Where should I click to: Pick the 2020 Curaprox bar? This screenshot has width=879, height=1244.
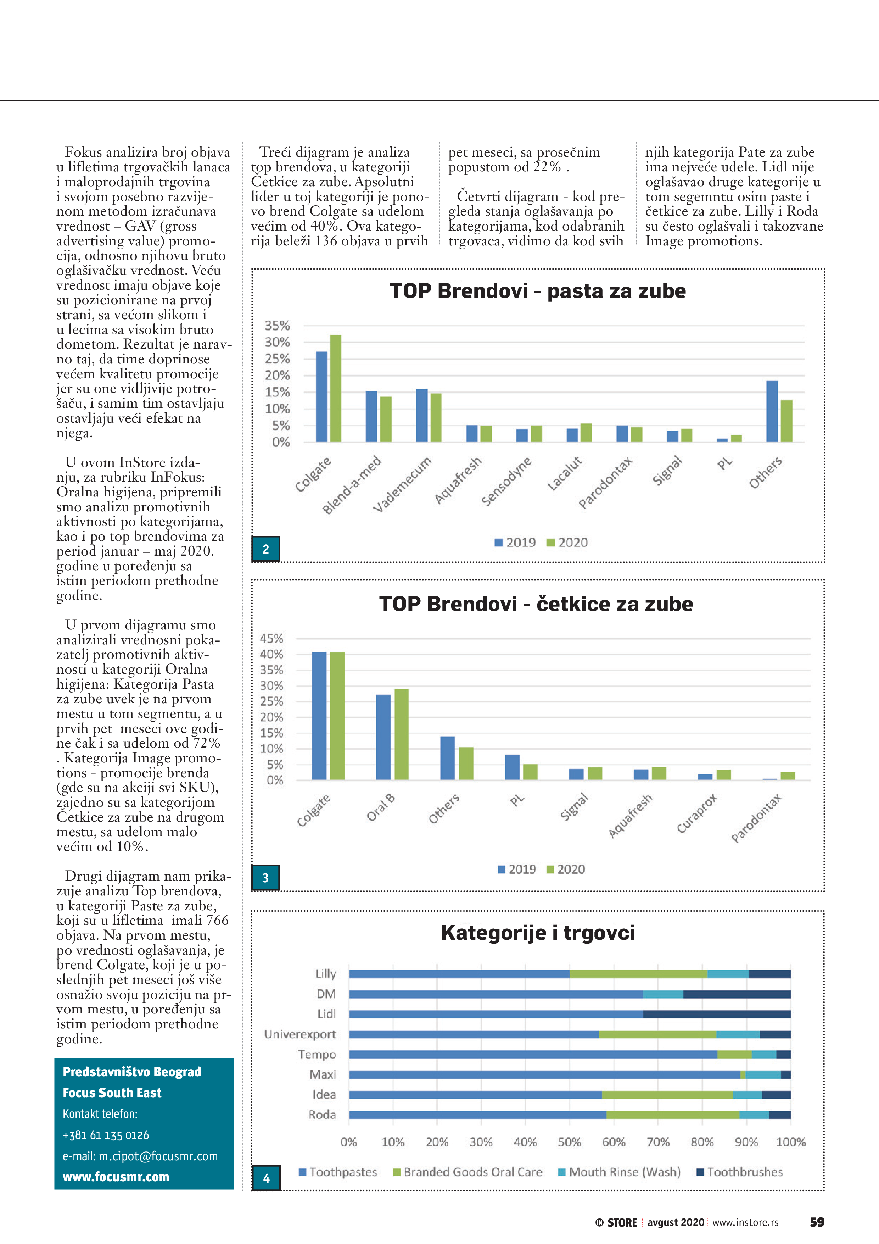(723, 775)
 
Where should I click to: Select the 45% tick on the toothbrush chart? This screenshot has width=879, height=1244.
(271, 638)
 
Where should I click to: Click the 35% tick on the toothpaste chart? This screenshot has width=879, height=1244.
(277, 326)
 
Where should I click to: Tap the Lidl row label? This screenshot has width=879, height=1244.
(326, 1014)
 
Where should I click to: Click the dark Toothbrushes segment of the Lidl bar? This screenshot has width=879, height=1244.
(717, 1014)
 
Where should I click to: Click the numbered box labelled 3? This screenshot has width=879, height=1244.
(265, 878)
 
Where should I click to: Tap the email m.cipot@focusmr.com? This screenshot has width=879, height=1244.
(140, 1156)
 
